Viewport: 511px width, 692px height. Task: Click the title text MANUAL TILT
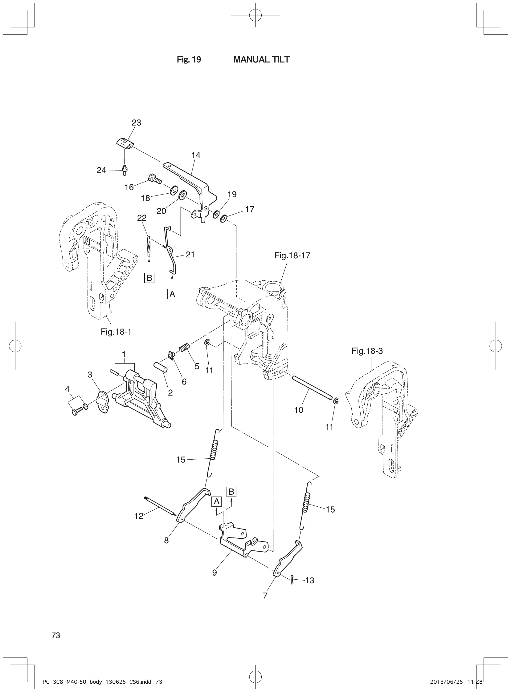pyautogui.click(x=261, y=60)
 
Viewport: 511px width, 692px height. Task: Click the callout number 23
pyautogui.click(x=137, y=123)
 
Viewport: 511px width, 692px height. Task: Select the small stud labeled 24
pyautogui.click(x=124, y=170)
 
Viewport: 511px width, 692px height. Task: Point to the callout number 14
pyautogui.click(x=196, y=155)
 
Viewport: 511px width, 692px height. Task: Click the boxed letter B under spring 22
pyautogui.click(x=149, y=278)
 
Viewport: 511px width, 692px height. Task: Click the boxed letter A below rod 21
pyautogui.click(x=172, y=294)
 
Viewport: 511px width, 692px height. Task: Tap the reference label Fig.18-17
pyautogui.click(x=292, y=255)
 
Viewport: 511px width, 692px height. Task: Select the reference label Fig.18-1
pyautogui.click(x=116, y=332)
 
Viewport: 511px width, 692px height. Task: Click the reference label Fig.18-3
pyautogui.click(x=367, y=351)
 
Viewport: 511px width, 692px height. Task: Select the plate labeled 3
pyautogui.click(x=102, y=402)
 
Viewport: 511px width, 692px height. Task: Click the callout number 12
pyautogui.click(x=139, y=516)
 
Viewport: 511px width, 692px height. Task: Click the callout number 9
pyautogui.click(x=215, y=573)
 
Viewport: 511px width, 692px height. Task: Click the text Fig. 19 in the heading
pyautogui.click(x=189, y=60)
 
